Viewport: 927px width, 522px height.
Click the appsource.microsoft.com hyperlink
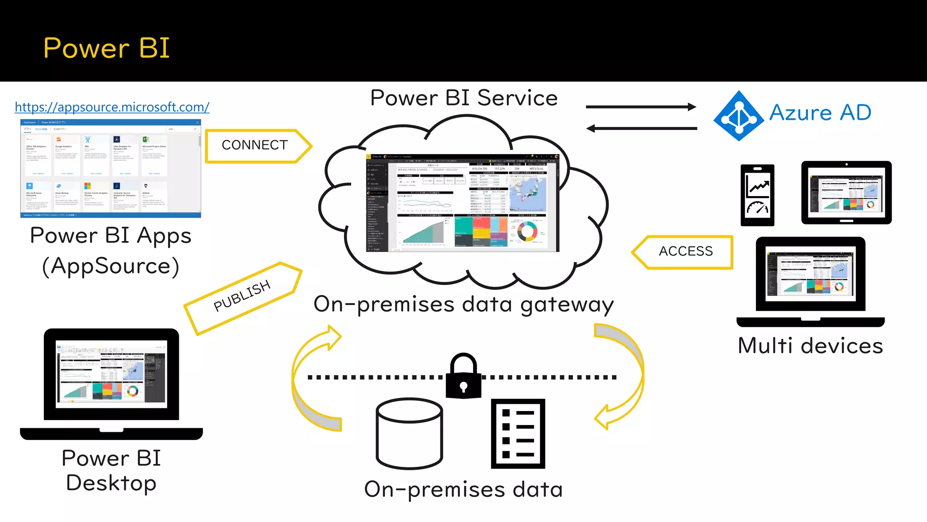point(112,107)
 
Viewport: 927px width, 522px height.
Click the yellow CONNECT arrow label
point(255,145)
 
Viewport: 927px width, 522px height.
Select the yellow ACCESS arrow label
point(685,251)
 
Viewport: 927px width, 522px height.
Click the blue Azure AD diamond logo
point(739,116)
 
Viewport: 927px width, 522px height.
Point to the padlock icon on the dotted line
point(463,377)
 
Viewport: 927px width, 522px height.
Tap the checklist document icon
point(518,433)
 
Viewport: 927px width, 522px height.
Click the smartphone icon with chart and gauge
point(757,195)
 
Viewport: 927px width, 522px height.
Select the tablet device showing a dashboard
point(846,193)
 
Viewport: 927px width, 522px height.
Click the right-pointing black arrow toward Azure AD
point(641,107)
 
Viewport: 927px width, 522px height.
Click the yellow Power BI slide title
point(106,48)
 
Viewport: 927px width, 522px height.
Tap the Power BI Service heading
point(463,98)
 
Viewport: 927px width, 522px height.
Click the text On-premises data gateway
point(463,304)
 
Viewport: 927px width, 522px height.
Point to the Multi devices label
point(810,346)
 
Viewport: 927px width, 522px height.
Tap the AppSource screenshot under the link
point(110,169)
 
